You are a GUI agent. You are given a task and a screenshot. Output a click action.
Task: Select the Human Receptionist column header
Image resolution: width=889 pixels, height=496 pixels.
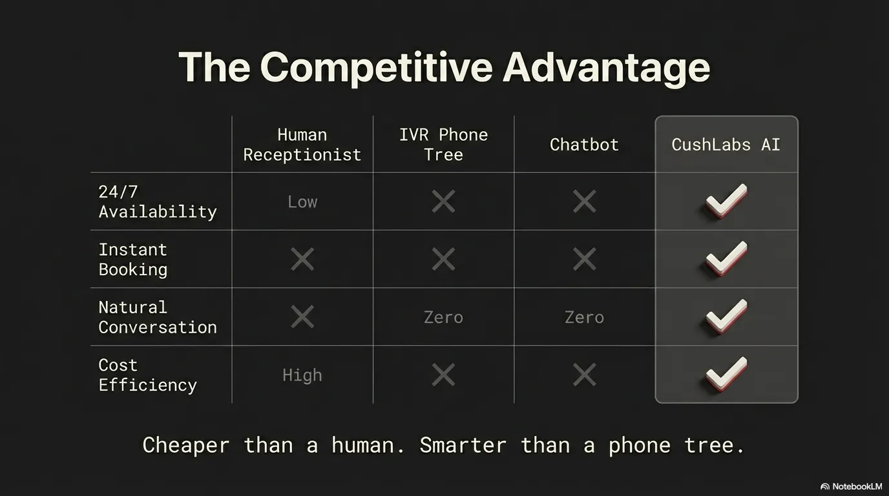[x=302, y=145]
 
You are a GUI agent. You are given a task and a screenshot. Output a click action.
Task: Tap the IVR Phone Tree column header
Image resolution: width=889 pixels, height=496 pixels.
[x=443, y=145]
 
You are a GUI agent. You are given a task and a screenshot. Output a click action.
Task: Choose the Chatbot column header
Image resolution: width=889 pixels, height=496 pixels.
[x=584, y=145]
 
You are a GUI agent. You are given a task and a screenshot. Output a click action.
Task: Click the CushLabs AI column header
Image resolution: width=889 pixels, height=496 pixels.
[x=726, y=145]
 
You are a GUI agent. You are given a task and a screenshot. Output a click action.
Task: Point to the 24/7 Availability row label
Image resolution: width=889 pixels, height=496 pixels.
[x=157, y=201]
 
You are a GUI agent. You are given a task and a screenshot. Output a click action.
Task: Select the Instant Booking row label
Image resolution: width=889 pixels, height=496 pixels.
[x=133, y=259]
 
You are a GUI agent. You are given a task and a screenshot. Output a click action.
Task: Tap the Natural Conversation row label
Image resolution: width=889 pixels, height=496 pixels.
[x=157, y=317]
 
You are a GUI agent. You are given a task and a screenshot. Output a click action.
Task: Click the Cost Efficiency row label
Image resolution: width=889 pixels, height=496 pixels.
[x=147, y=375]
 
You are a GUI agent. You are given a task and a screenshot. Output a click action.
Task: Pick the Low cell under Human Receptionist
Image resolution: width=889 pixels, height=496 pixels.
[x=302, y=202]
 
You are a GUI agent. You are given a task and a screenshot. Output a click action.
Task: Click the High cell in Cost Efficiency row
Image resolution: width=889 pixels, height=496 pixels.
[x=302, y=375]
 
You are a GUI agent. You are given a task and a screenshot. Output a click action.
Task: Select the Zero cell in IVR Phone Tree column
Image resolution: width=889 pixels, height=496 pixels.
[x=443, y=317]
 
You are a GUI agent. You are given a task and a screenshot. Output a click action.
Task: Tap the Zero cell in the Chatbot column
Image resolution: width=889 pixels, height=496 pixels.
[x=584, y=317]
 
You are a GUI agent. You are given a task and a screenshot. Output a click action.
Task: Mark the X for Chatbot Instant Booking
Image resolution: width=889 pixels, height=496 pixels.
[x=584, y=259]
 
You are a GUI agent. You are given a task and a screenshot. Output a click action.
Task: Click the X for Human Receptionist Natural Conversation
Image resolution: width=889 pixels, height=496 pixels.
[x=302, y=316]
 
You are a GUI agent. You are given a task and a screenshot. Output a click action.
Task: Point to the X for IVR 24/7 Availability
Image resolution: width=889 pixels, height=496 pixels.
[x=443, y=201]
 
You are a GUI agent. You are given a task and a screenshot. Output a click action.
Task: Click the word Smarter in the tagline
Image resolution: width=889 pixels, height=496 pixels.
[x=463, y=446]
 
